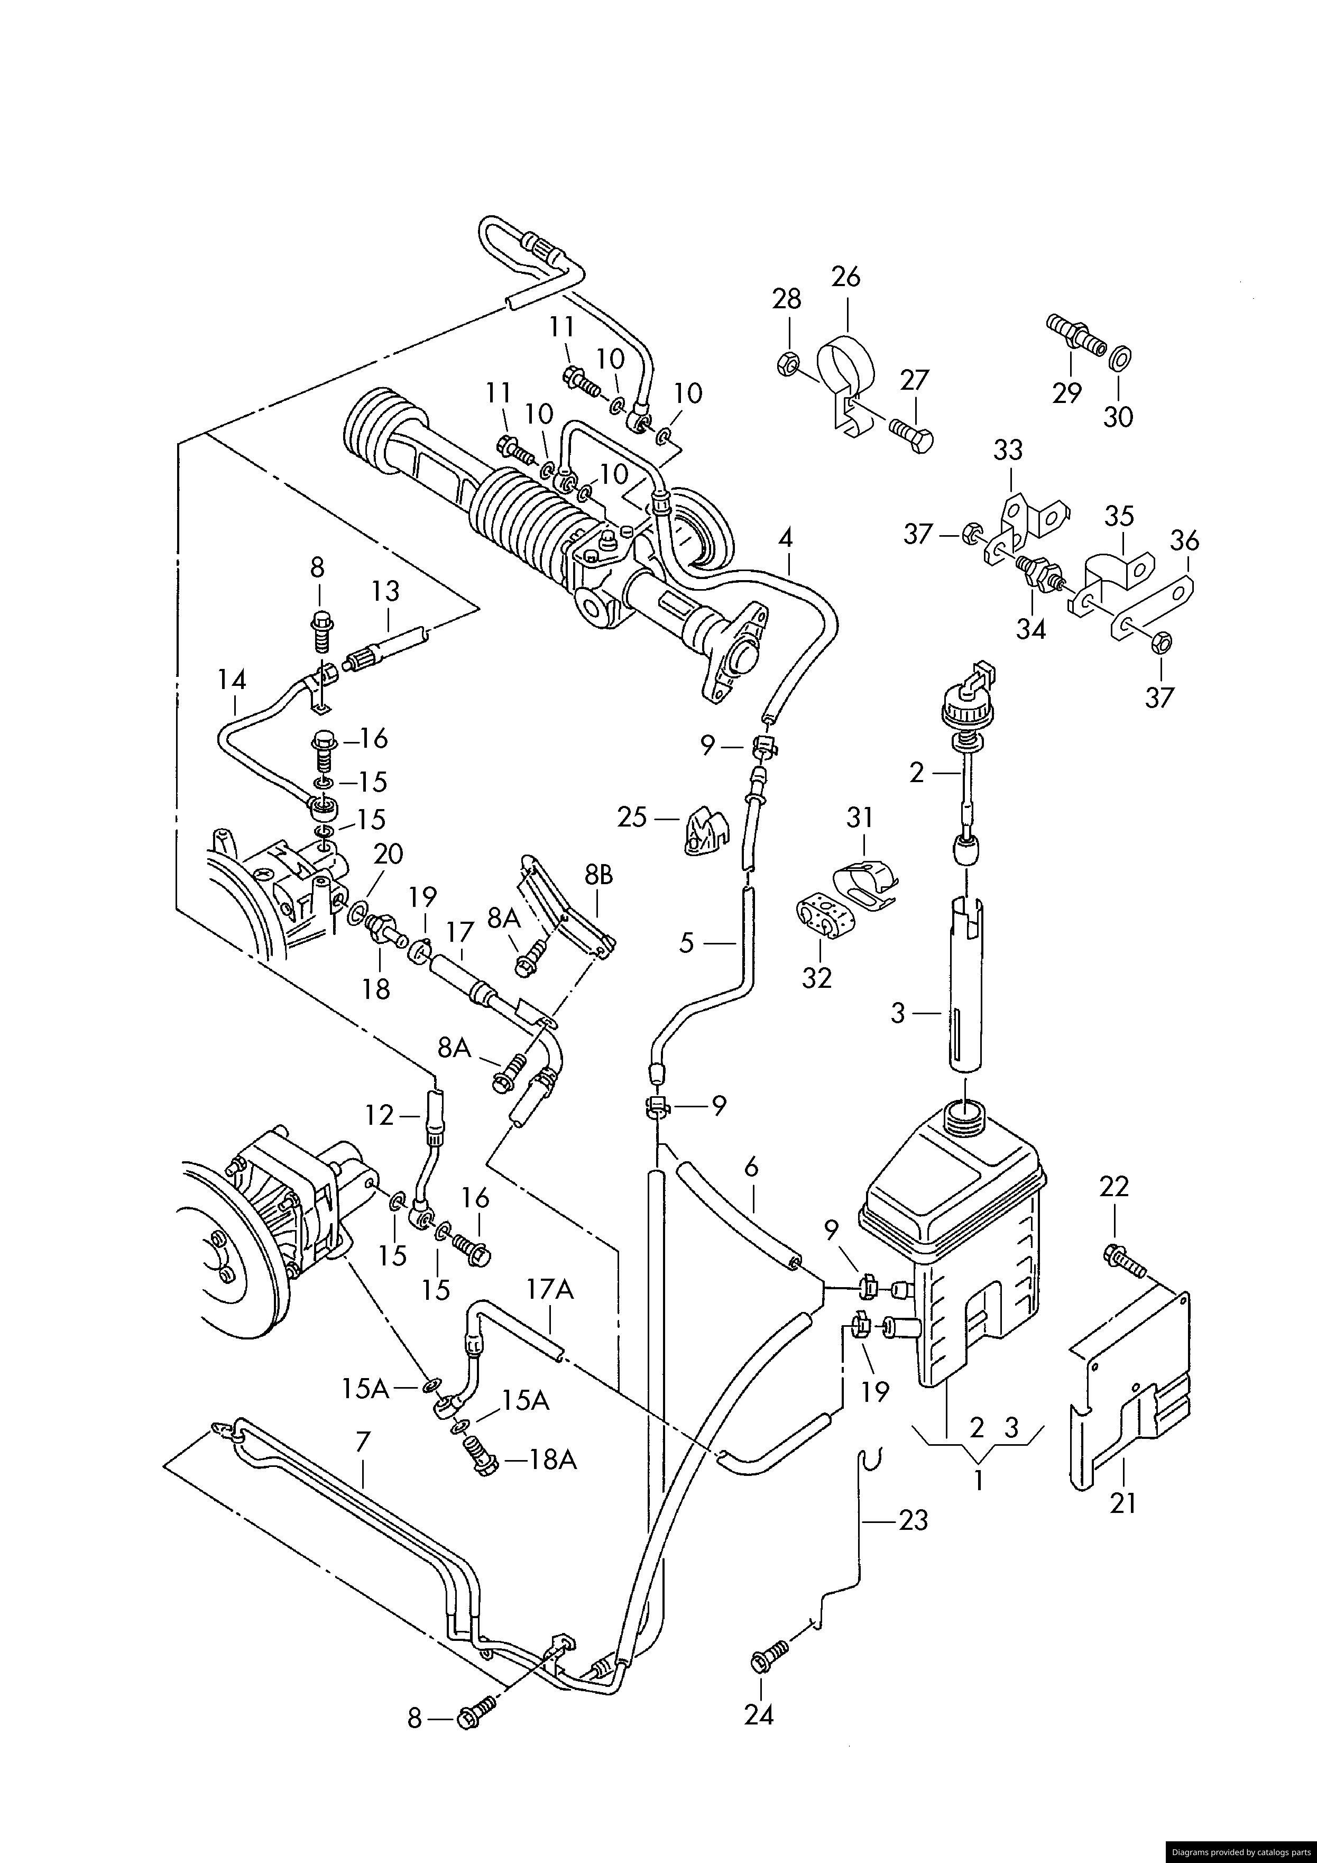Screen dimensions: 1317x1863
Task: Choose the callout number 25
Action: [x=632, y=817]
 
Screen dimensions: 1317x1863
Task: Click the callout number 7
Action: [x=363, y=1440]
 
